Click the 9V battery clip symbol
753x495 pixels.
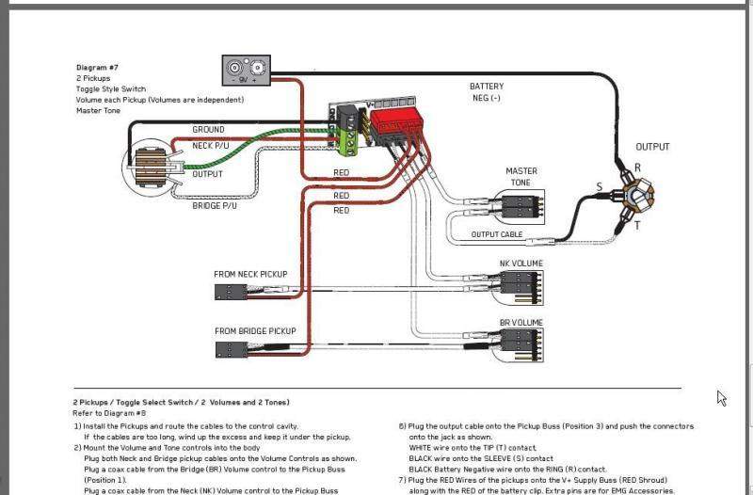(247, 69)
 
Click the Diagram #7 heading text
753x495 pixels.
(97, 68)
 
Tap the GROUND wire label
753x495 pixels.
(208, 130)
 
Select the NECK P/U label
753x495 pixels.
(209, 146)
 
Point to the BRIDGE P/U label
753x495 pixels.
(214, 205)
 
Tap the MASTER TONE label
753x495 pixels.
(521, 177)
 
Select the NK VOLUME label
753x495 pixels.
(521, 263)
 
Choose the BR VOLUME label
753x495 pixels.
(521, 323)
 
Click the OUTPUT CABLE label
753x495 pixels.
(497, 234)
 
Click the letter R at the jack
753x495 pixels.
(637, 167)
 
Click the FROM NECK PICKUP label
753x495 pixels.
(250, 275)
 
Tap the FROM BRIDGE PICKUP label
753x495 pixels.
(255, 331)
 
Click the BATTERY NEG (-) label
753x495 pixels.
(487, 92)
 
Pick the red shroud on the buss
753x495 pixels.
(395, 120)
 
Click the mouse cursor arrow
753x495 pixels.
(721, 398)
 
